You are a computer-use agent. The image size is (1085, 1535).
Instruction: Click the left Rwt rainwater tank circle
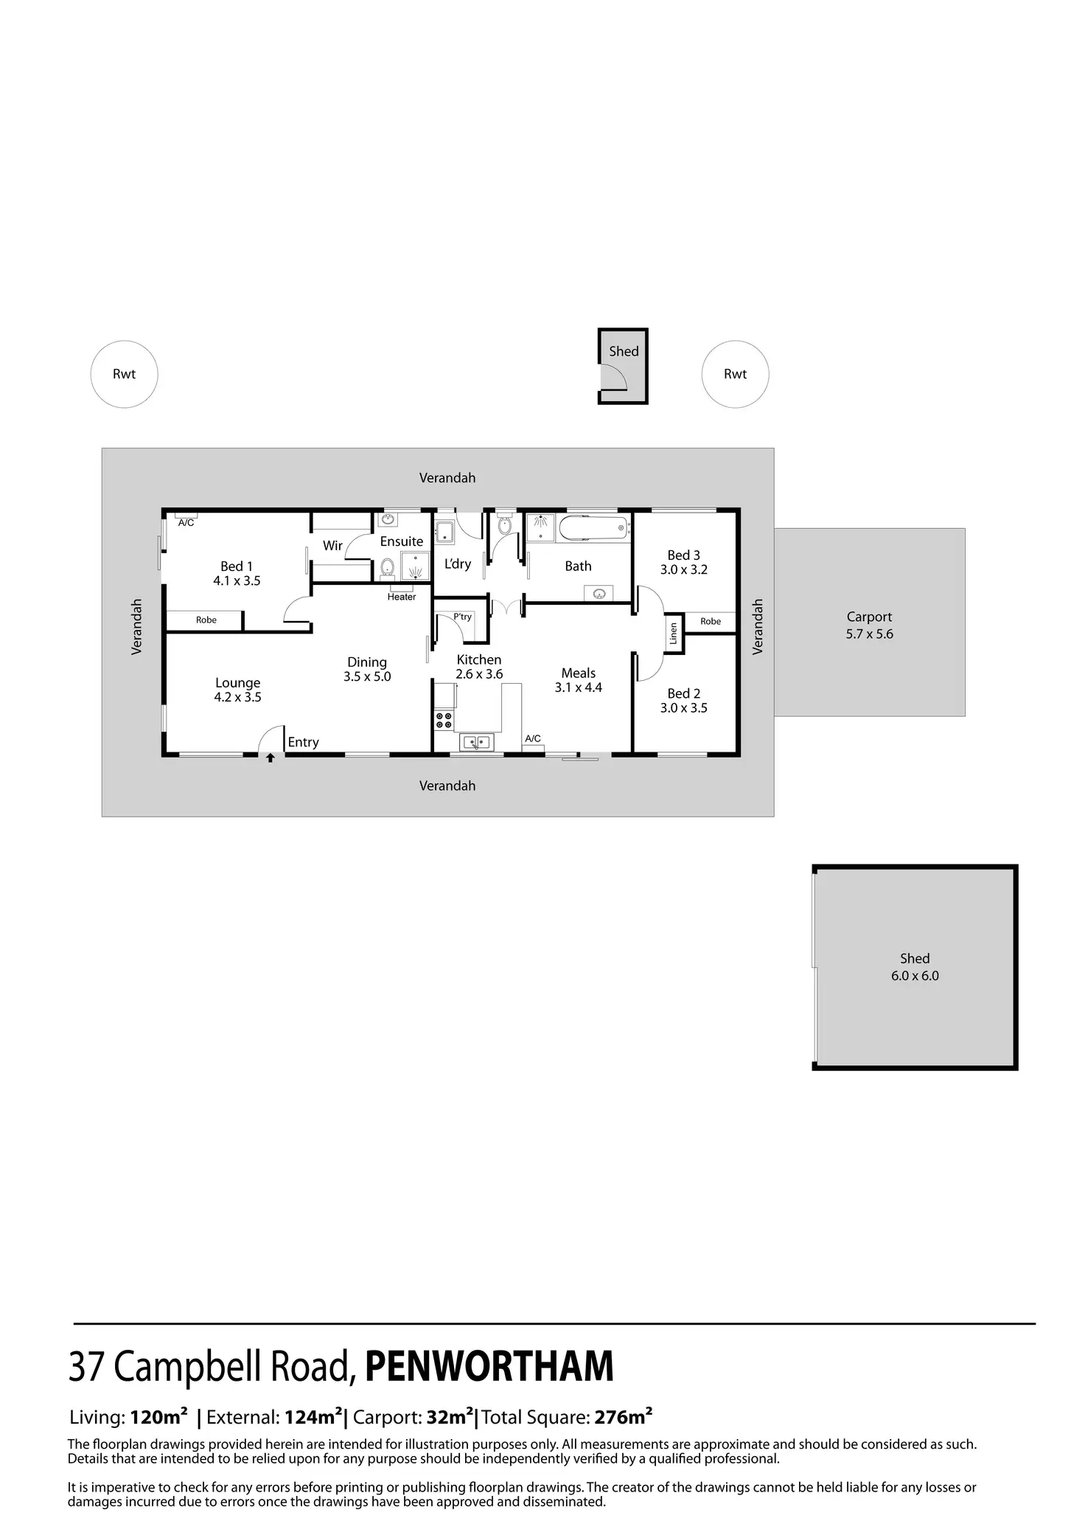pos(124,374)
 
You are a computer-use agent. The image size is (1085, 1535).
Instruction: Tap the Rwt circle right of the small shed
pos(735,374)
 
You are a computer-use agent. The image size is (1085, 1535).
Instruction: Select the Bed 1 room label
pos(237,566)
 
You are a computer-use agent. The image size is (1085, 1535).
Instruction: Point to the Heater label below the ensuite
pos(402,597)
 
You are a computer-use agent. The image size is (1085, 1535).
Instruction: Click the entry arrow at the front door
pos(271,758)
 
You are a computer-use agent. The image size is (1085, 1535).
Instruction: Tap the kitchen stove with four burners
pos(444,720)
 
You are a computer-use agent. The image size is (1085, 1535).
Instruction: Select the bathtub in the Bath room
pos(593,528)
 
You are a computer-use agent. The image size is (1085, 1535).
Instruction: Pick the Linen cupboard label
pos(673,634)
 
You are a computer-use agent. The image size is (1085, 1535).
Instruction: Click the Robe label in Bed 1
pos(206,620)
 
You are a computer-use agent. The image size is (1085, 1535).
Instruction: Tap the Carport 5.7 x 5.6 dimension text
pos(869,634)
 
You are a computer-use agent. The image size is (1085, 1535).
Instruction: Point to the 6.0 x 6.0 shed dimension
pos(915,976)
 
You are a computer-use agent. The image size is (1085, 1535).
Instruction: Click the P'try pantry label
pos(462,617)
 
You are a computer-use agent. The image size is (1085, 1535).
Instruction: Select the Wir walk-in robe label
pos(332,546)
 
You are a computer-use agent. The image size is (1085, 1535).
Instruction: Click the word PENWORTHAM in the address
pos(489,1366)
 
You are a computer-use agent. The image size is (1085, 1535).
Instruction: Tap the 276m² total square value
pos(623,1417)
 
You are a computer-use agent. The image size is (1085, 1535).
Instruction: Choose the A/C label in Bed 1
pos(186,523)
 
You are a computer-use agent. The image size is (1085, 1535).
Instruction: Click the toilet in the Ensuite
pos(387,567)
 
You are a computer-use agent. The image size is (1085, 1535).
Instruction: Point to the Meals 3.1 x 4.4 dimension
pos(579,687)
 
